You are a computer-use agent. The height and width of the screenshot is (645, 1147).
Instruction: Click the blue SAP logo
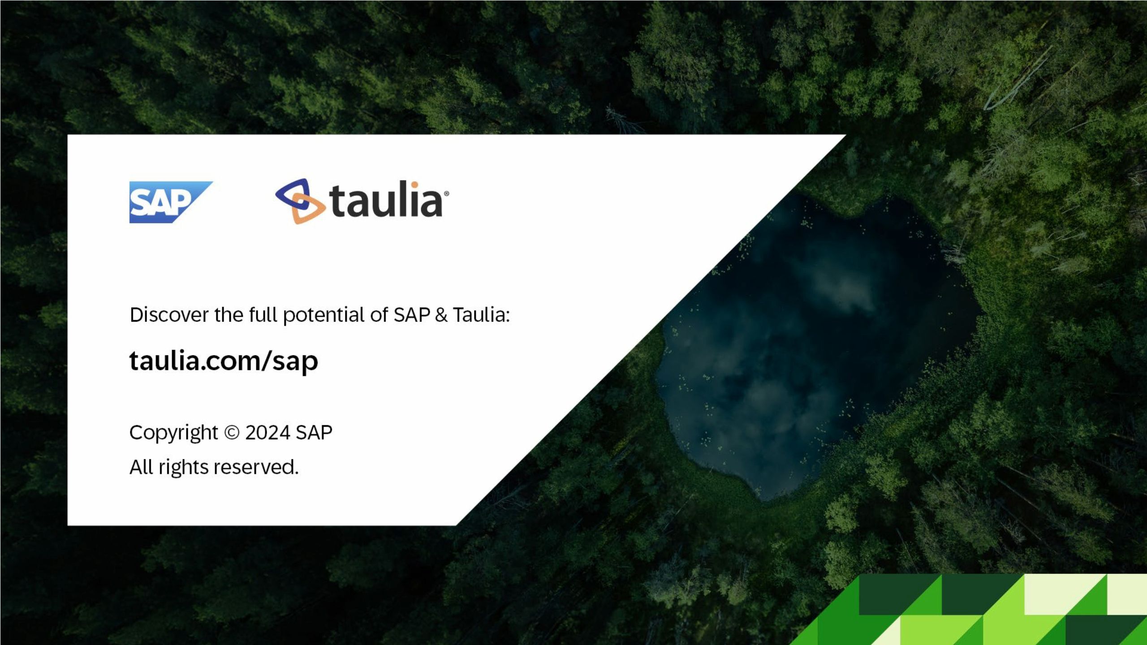[171, 202]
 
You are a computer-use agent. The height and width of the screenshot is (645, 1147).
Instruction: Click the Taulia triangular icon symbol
[300, 201]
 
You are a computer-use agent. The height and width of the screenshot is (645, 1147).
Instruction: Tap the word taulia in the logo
[386, 199]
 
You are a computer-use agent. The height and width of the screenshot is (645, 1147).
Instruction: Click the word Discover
[169, 314]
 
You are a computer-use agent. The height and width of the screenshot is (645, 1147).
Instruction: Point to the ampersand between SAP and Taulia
[441, 315]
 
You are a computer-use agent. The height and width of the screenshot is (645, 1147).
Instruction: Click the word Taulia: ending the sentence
[481, 314]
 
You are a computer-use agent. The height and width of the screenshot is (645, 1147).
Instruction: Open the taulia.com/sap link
[224, 361]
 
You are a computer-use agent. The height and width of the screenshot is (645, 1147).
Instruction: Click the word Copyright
[173, 433]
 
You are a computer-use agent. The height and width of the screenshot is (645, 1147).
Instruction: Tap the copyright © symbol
[232, 433]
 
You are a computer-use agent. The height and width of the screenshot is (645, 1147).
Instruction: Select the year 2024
[267, 433]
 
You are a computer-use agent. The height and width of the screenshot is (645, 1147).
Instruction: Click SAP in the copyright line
[314, 433]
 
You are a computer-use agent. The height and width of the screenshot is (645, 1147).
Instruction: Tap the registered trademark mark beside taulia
[446, 193]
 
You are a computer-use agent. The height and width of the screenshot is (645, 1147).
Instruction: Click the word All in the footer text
[141, 467]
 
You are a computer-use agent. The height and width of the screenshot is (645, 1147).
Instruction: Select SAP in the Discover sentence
[412, 314]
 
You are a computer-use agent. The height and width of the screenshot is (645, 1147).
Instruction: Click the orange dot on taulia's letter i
[415, 184]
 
